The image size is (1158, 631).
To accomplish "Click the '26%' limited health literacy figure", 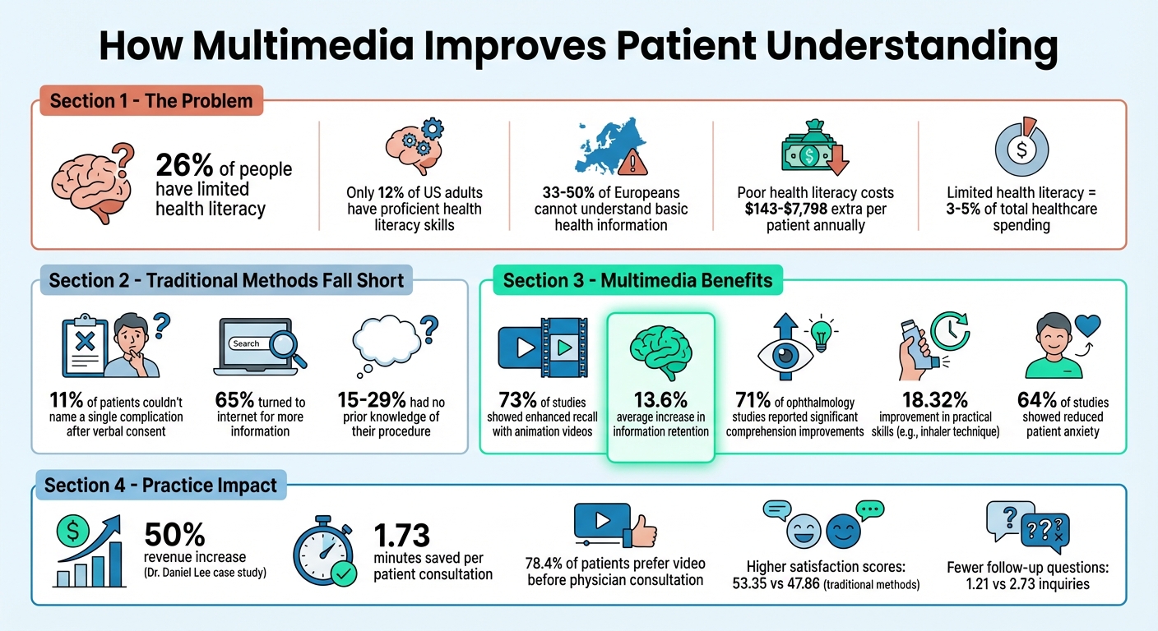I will (x=185, y=167).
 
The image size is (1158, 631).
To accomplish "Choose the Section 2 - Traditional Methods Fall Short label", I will (x=226, y=281).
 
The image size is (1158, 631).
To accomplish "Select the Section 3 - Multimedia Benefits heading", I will (x=637, y=281).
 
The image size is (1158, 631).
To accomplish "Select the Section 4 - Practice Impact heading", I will (x=160, y=486).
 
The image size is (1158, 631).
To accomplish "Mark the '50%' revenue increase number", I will (x=174, y=536).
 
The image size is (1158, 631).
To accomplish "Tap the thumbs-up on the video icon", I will (x=640, y=531).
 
